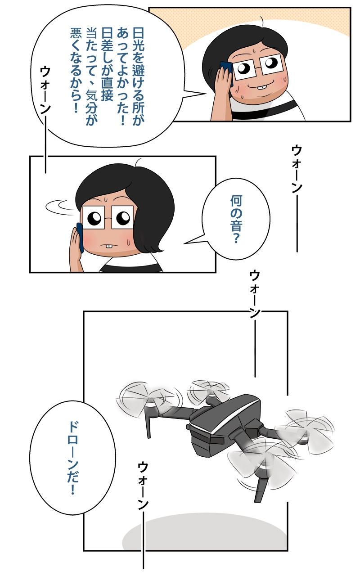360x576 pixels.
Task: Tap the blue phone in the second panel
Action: coord(80,237)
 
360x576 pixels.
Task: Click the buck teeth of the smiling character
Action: coord(262,87)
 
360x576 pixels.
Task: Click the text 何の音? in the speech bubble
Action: coord(236,219)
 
